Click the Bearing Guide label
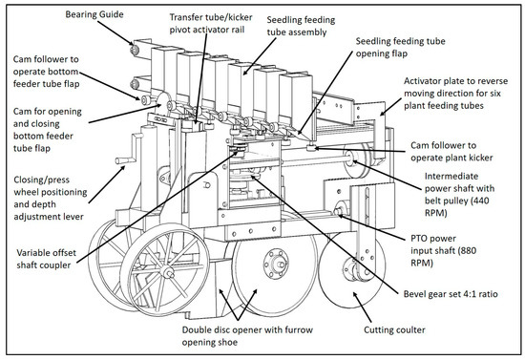pos(94,14)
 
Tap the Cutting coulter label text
pos(394,329)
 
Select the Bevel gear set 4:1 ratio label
pos(451,294)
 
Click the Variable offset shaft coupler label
pos(46,259)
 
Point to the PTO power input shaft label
pos(443,250)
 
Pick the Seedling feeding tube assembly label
pos(301,26)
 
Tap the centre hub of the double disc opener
pos(276,263)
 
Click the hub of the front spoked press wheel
pos(166,271)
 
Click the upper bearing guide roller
pos(135,50)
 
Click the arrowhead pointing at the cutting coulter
pos(356,295)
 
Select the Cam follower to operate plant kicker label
pos(451,152)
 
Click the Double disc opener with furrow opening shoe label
pos(247,336)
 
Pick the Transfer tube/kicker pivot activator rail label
pos(211,23)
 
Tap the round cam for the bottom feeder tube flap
pos(164,102)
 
